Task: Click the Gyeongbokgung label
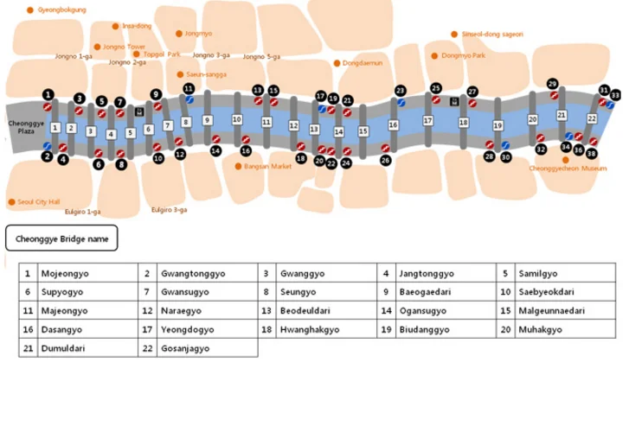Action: coord(61,10)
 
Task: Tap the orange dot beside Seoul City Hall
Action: coord(11,202)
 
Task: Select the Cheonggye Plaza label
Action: coord(26,127)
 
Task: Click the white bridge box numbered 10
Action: coord(237,119)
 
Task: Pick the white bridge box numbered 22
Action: coord(592,118)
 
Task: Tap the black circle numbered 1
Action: coord(48,94)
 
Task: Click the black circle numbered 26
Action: coord(386,160)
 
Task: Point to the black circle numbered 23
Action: coord(400,91)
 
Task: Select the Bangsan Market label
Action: coord(267,166)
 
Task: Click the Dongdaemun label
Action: coord(363,63)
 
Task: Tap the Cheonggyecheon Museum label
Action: coord(568,168)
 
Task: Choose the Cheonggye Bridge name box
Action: coord(61,238)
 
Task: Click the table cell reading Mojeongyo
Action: coord(88,273)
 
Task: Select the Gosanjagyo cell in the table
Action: coord(208,348)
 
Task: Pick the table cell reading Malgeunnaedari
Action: coord(565,310)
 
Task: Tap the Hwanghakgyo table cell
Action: coord(326,329)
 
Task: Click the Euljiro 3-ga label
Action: coord(169,209)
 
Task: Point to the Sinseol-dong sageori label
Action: coord(492,34)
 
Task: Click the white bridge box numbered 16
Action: coord(393,125)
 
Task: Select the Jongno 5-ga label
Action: coord(261,56)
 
